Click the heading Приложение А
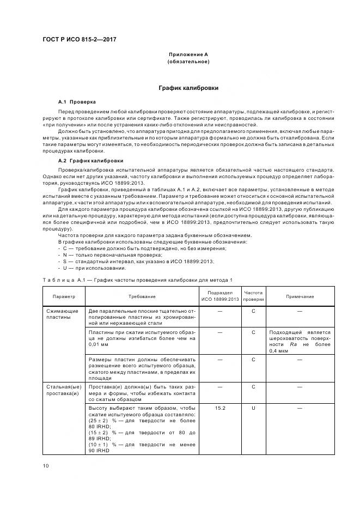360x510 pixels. pyautogui.click(x=188, y=54)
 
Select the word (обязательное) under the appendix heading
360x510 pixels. pyautogui.click(x=188, y=62)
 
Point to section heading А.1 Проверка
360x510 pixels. pyautogui.click(x=77, y=102)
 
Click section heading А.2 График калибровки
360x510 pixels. pyautogui.click(x=91, y=161)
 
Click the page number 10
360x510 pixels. pyautogui.click(x=46, y=465)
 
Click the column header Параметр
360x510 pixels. pyautogui.click(x=64, y=296)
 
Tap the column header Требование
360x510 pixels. pyautogui.click(x=142, y=296)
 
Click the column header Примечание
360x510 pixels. pyautogui.click(x=300, y=296)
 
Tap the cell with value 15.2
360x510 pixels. pyautogui.click(x=220, y=408)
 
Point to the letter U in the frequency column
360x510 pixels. pyautogui.click(x=253, y=408)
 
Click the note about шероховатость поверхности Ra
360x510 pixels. pyautogui.click(x=300, y=342)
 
